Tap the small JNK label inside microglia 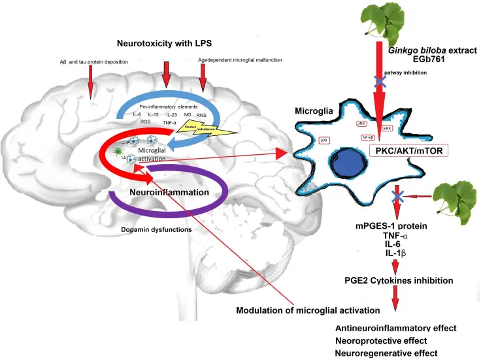pyautogui.click(x=361, y=123)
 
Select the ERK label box pyautogui.click(x=388, y=128)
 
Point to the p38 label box pyautogui.click(x=323, y=140)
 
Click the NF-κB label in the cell pyautogui.click(x=368, y=138)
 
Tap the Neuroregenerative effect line pyautogui.click(x=385, y=353)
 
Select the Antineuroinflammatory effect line pyautogui.click(x=395, y=328)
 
